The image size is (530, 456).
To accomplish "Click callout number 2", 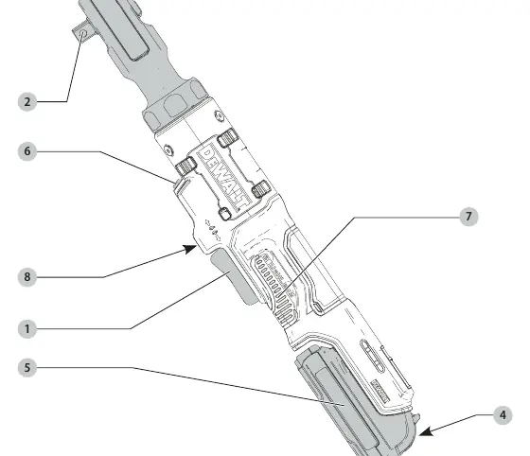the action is click(27, 101).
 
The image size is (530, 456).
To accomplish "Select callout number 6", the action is click(27, 151).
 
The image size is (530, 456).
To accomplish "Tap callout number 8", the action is click(27, 277).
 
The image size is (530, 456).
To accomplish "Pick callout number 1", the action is click(27, 329).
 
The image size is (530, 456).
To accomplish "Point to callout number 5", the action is click(27, 368).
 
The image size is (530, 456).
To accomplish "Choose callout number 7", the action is click(468, 217).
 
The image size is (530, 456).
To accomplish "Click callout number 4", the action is click(503, 415).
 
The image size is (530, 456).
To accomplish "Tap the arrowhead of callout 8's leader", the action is click(190, 249).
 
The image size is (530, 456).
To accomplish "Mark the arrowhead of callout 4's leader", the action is click(426, 431).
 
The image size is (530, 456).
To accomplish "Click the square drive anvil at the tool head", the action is click(83, 32).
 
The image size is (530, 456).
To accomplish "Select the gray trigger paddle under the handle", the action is click(234, 276).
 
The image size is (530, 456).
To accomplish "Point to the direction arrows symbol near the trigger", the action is click(213, 230).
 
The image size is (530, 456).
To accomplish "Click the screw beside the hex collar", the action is click(220, 116).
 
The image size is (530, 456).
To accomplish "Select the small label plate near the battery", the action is click(380, 391).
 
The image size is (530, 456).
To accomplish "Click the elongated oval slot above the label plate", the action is click(373, 356).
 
